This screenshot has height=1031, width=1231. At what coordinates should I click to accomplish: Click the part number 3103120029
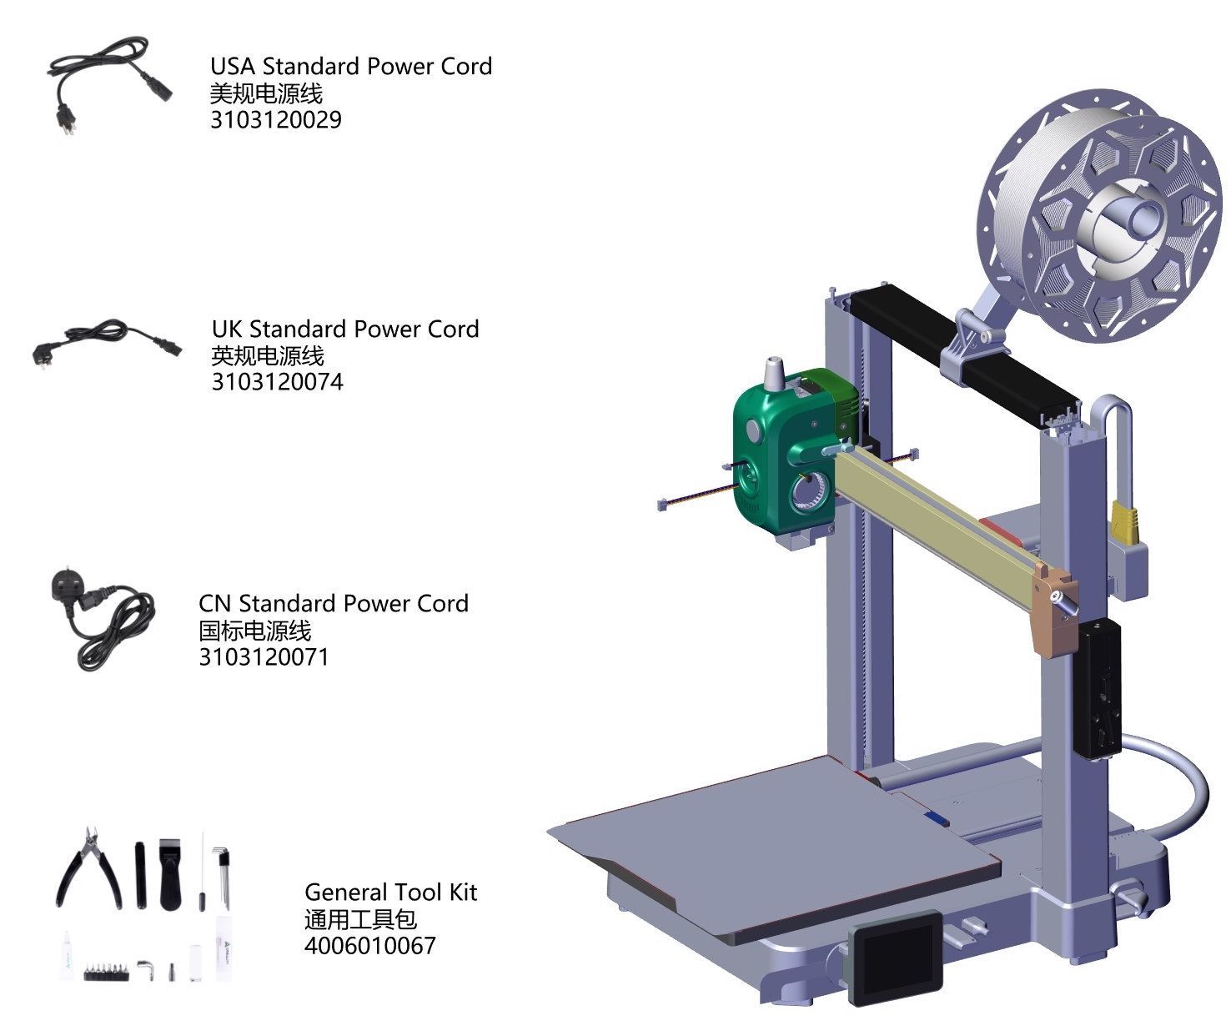(276, 120)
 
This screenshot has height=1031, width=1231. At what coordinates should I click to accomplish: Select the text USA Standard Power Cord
(351, 66)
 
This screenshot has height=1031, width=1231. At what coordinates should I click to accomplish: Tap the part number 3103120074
(277, 382)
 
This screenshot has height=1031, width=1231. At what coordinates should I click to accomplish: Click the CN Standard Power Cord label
(334, 603)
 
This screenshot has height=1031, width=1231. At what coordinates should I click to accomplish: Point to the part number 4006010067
(370, 946)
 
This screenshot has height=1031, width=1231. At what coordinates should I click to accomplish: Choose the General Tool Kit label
(391, 893)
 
